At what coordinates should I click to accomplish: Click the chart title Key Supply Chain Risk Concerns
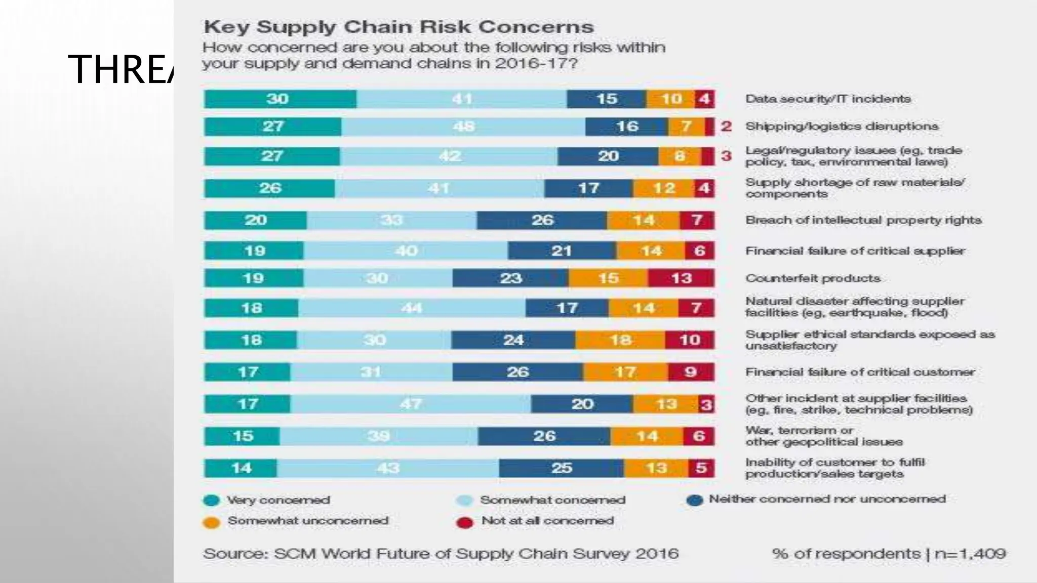pyautogui.click(x=398, y=27)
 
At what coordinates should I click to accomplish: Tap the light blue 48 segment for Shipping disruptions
pyautogui.click(x=463, y=127)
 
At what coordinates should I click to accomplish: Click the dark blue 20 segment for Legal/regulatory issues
pyautogui.click(x=608, y=156)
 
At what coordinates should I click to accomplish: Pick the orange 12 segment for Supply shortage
pyautogui.click(x=663, y=188)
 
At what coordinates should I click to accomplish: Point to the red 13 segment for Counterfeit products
pyautogui.click(x=681, y=278)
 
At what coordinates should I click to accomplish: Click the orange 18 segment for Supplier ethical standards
pyautogui.click(x=620, y=340)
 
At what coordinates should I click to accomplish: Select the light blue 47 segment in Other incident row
pyautogui.click(x=411, y=404)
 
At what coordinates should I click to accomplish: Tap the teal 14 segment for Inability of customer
pyautogui.click(x=241, y=468)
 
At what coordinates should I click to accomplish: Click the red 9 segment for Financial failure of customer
pyautogui.click(x=691, y=372)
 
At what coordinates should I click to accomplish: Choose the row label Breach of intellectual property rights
pyautogui.click(x=863, y=220)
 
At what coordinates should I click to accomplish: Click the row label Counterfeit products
pyautogui.click(x=813, y=278)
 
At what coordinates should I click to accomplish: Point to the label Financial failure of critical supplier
pyautogui.click(x=855, y=251)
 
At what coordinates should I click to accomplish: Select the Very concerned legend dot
pyautogui.click(x=211, y=501)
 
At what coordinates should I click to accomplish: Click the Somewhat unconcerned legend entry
pyautogui.click(x=307, y=521)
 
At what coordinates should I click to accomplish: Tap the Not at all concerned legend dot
pyautogui.click(x=464, y=522)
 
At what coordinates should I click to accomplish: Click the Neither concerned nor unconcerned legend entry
pyautogui.click(x=827, y=499)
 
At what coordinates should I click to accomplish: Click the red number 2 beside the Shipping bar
pyautogui.click(x=726, y=126)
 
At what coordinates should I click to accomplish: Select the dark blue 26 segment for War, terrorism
pyautogui.click(x=544, y=436)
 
